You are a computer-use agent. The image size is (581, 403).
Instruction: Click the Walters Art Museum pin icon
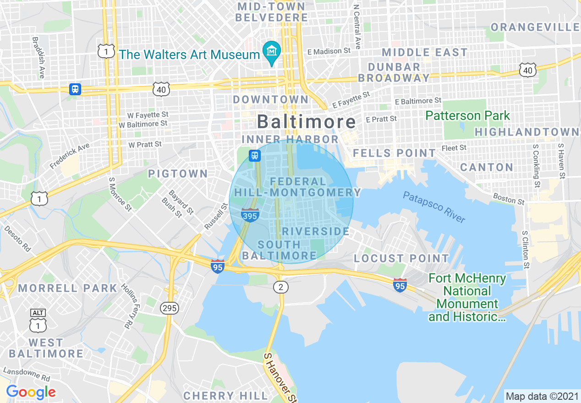click(272, 52)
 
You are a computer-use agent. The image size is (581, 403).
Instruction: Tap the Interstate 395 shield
click(250, 214)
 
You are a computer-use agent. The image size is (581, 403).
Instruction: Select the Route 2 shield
click(281, 287)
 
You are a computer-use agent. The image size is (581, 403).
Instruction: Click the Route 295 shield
click(170, 308)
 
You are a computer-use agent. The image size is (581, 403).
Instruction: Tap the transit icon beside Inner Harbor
click(255, 156)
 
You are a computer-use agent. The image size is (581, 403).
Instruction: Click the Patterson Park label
click(467, 115)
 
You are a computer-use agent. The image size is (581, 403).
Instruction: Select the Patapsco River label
click(434, 207)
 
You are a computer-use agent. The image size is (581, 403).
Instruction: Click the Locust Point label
click(401, 258)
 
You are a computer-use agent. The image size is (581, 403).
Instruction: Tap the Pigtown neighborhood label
click(178, 174)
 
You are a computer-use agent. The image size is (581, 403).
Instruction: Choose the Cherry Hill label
click(225, 395)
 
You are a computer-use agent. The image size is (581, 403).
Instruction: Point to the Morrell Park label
click(68, 288)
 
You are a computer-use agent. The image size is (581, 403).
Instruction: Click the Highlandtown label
click(527, 132)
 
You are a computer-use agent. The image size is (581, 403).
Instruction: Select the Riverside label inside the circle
click(316, 231)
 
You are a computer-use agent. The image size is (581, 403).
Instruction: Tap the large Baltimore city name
click(306, 122)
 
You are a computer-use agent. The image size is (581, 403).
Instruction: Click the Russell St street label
click(216, 217)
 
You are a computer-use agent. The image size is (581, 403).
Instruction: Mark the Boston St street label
click(509, 198)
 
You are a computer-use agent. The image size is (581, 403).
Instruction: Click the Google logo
click(31, 392)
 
